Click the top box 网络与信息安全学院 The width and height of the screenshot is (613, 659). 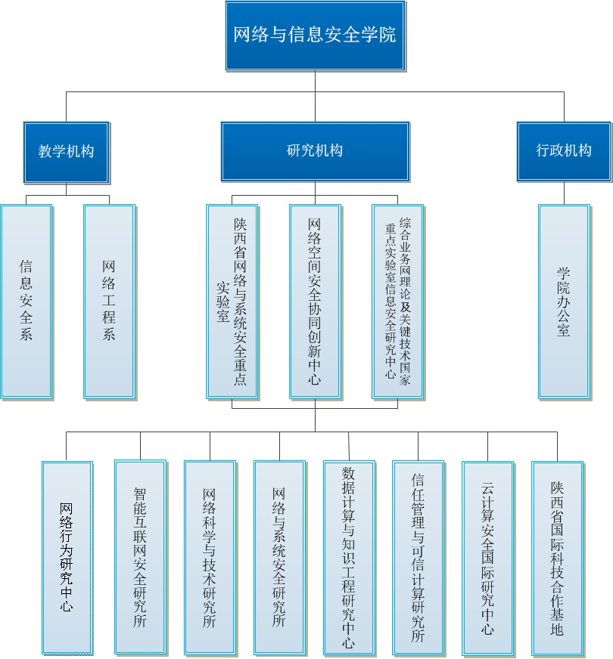pyautogui.click(x=314, y=35)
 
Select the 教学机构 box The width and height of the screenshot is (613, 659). pyautogui.click(x=66, y=150)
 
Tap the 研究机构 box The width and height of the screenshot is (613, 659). pyautogui.click(x=315, y=150)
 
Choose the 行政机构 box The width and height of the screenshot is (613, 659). pyautogui.click(x=564, y=150)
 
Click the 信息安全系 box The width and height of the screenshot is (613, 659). pyautogui.click(x=26, y=300)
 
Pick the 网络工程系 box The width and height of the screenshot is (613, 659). pyautogui.click(x=109, y=300)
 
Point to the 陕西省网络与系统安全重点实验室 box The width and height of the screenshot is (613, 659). pyautogui.click(x=232, y=300)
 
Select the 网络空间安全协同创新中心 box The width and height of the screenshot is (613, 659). pyautogui.click(x=315, y=300)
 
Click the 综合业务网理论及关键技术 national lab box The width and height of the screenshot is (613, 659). pyautogui.click(x=397, y=300)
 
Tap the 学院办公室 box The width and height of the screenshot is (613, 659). pyautogui.click(x=564, y=300)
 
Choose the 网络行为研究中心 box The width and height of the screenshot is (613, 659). pyautogui.click(x=67, y=558)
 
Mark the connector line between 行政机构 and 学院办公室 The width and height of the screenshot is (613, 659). pyautogui.click(x=564, y=193)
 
